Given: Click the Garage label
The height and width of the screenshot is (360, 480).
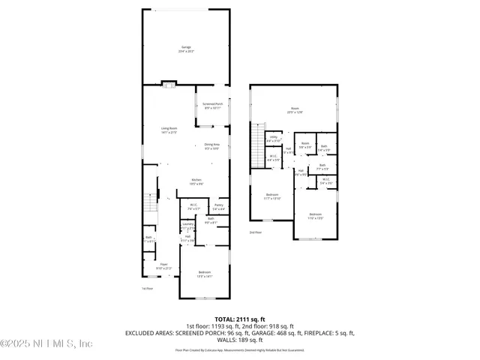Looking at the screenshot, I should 186,49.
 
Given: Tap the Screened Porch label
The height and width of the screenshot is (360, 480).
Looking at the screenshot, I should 213,106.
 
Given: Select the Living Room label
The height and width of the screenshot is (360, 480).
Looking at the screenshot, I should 168,130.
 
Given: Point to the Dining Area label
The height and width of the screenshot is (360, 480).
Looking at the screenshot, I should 212,146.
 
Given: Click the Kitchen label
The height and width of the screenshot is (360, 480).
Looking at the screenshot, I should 196,181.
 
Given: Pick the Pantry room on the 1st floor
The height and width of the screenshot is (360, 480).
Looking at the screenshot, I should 219,206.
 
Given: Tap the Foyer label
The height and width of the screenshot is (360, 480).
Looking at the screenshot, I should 163,266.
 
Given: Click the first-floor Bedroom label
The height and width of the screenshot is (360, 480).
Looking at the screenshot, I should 204,274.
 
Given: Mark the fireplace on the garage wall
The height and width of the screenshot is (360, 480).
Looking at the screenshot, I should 169,83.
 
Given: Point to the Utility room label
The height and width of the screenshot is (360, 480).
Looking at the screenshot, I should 274,139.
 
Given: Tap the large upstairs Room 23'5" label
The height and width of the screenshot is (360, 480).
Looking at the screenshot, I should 293,110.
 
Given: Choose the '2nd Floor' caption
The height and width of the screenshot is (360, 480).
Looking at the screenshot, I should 256,232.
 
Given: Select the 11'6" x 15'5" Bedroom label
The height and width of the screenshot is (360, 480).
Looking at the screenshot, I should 315,216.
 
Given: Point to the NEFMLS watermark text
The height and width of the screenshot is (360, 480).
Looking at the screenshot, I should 46,343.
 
